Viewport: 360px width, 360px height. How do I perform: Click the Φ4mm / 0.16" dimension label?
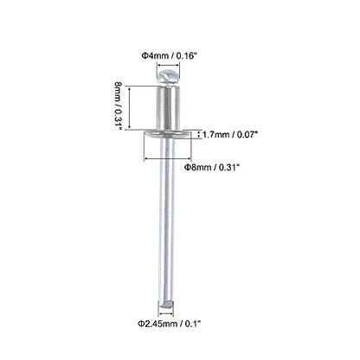pyautogui.click(x=169, y=55)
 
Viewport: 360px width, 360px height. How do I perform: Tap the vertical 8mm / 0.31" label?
pyautogui.click(x=119, y=106)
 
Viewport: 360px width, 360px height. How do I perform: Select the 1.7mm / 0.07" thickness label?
pyautogui.click(x=230, y=134)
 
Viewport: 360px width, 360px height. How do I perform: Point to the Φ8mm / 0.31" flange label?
pyautogui.click(x=212, y=167)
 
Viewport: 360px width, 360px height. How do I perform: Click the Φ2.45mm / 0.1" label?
pyautogui.click(x=169, y=324)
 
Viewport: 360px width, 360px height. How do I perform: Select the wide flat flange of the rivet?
pyautogui.click(x=168, y=134)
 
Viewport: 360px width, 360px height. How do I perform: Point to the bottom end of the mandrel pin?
pyautogui.click(x=166, y=305)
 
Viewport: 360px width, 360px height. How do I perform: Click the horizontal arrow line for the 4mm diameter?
pyautogui.click(x=168, y=65)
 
